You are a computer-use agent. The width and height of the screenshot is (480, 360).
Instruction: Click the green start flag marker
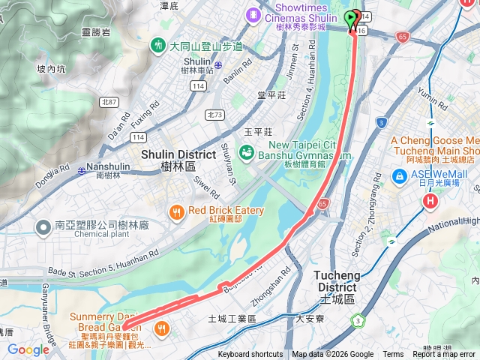pos(352,17)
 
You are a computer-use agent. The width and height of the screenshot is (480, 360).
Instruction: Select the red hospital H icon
pos(430,201)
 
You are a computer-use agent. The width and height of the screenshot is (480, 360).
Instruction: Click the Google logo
pos(28,349)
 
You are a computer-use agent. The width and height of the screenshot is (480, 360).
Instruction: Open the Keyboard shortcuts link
pos(250,355)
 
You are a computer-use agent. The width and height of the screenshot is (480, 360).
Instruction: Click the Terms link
pos(393,355)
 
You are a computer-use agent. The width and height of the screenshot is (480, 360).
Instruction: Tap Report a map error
pos(444,355)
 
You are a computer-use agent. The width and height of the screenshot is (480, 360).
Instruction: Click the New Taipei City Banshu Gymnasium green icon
pos(247,152)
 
